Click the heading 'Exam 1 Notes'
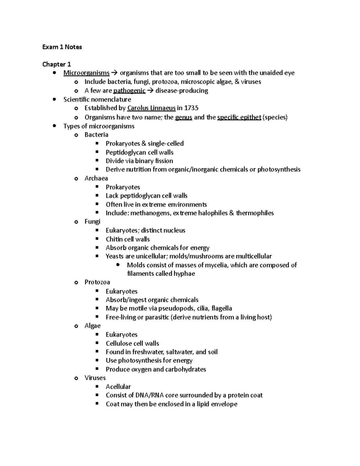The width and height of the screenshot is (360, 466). coord(62,47)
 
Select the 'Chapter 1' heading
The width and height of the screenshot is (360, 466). coord(56,64)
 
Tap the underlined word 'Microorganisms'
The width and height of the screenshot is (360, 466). coord(86,73)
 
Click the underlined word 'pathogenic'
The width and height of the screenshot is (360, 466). coord(129,91)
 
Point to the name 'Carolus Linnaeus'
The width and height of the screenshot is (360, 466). coord(151,108)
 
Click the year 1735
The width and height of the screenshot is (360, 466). coord(191,108)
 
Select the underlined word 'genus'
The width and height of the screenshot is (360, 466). coord(183,117)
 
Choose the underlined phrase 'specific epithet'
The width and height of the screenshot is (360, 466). coord(239,117)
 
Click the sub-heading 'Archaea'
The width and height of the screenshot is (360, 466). coord(96,178)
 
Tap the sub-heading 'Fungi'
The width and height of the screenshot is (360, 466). coord(92,221)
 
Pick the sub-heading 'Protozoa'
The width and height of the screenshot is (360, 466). coord(97,282)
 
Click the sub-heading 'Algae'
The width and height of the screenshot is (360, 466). coord(92,326)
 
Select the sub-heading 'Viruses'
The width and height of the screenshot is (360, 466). coord(95,378)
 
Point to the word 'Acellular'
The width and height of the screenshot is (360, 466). coord(118,386)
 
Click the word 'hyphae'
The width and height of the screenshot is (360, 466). coord(184,274)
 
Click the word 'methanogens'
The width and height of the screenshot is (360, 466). coord(150,213)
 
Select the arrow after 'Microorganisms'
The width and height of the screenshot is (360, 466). coord(115,73)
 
